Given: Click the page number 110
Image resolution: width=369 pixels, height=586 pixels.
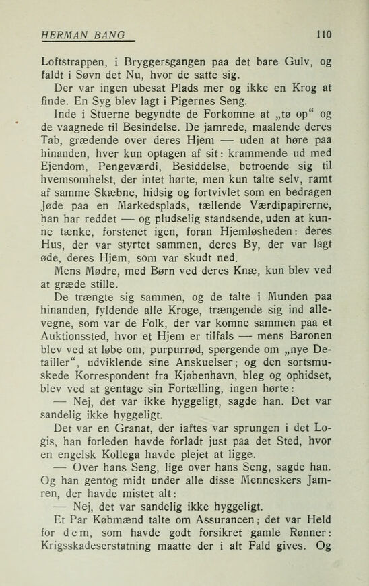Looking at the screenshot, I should pos(323,32).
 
